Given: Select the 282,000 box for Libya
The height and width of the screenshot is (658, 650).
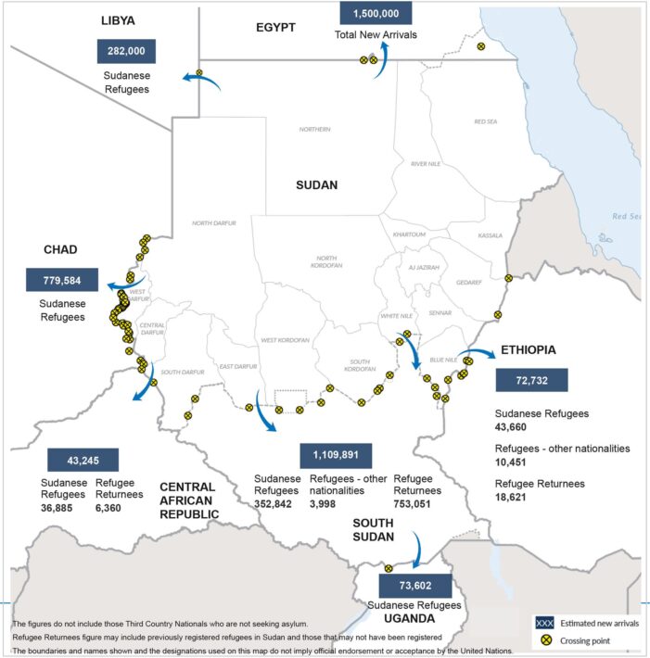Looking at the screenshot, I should pos(126,52).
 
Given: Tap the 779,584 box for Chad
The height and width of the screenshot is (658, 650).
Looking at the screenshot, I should pos(62,281).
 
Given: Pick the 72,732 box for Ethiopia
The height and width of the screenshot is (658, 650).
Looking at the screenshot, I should pos(531,380).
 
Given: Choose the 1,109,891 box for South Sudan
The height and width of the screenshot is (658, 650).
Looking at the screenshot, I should pos(336,455).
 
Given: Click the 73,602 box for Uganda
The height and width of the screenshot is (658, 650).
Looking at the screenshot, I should pos(414,587).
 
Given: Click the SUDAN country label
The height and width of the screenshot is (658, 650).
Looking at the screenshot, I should pos(316,184).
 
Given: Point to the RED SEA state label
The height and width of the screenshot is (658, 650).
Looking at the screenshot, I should pos(486,121).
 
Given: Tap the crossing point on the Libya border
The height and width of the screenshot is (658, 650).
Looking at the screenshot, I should pos(199,72).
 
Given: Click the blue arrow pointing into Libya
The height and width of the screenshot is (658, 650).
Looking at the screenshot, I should pos(202,82).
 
